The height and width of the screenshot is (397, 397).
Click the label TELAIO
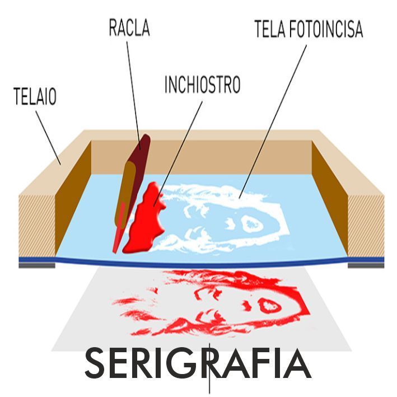coord(34,97)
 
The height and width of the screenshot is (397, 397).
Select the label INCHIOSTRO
coord(202,85)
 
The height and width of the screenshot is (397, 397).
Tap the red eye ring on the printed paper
coord(269,305)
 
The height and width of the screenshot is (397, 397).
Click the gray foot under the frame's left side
coord(37,265)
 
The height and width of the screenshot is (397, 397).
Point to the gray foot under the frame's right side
coord(366,265)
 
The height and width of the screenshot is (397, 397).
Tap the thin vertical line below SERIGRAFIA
coord(209,386)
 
